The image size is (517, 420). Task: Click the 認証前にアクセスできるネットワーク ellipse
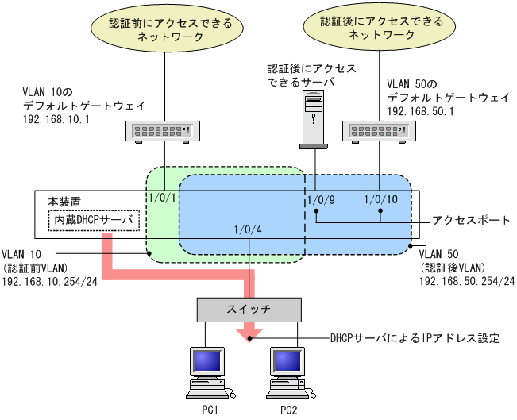[x=164, y=29]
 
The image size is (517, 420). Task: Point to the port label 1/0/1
[x=162, y=199]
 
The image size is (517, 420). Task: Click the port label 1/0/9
[x=321, y=200]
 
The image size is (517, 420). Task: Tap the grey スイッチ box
[x=250, y=309]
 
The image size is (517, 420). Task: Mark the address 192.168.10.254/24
[x=51, y=282]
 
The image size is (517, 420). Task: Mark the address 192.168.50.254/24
[x=466, y=282]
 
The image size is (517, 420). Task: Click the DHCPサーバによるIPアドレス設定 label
[x=414, y=339]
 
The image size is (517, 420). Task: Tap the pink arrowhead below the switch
[x=250, y=333]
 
